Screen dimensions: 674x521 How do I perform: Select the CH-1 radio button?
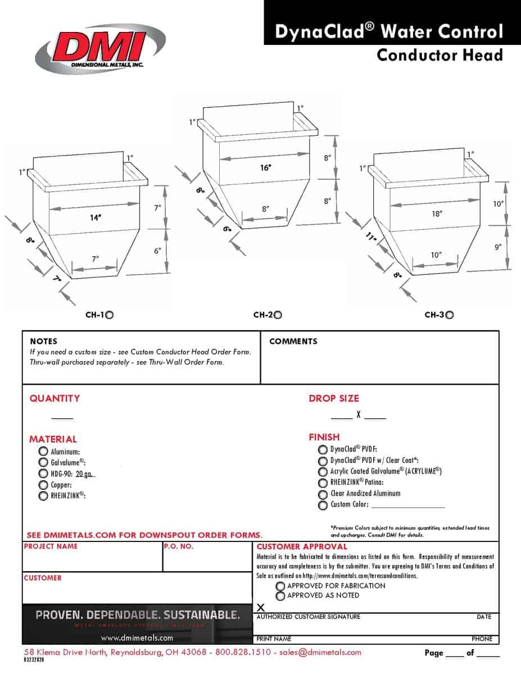coord(110,315)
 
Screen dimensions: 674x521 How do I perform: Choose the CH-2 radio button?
coord(278,315)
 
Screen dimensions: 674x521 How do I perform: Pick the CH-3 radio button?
coord(449,315)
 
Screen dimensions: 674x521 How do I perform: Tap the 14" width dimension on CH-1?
coord(95,217)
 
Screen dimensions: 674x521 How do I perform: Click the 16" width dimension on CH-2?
coord(265,168)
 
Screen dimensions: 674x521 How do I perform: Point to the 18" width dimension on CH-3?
coord(437,213)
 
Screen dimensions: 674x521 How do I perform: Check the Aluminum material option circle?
coord(43,451)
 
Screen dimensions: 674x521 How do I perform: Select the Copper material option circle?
coord(43,484)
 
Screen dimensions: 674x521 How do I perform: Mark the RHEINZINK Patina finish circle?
coord(323,482)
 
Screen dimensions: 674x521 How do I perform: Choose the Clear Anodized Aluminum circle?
coord(323,494)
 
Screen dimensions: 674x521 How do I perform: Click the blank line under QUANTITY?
coord(62,418)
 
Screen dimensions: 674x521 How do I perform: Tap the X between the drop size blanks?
coord(359,416)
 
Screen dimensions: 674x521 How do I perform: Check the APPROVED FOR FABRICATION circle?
coord(280,586)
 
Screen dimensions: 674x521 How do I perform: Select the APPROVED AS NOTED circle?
coord(280,596)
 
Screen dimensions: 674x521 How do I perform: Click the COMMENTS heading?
coord(293,341)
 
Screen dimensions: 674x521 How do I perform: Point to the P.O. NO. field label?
coord(179,547)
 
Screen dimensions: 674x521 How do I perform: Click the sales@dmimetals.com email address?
coord(320,653)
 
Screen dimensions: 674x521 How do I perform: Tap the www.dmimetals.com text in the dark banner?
coord(137,638)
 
